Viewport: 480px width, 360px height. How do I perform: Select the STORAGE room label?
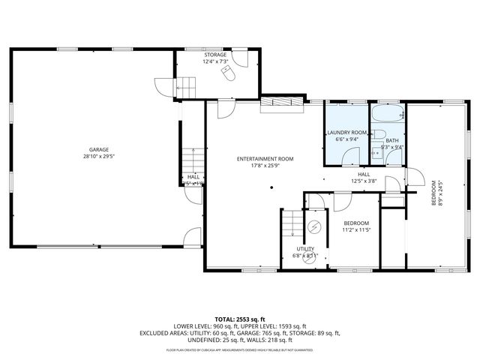(x=215, y=55)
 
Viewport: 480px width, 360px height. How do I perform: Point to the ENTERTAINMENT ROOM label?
(x=265, y=159)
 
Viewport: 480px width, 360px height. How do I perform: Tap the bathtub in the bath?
(x=388, y=115)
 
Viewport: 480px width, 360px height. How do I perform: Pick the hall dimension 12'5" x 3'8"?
(x=363, y=181)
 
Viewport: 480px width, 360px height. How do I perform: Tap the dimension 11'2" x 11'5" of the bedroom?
(x=355, y=230)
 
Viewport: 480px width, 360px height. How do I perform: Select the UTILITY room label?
(x=304, y=248)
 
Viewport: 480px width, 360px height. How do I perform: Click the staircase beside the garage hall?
(x=192, y=160)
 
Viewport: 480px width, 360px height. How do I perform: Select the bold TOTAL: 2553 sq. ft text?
(x=240, y=319)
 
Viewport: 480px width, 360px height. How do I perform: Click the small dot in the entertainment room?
(x=272, y=187)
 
